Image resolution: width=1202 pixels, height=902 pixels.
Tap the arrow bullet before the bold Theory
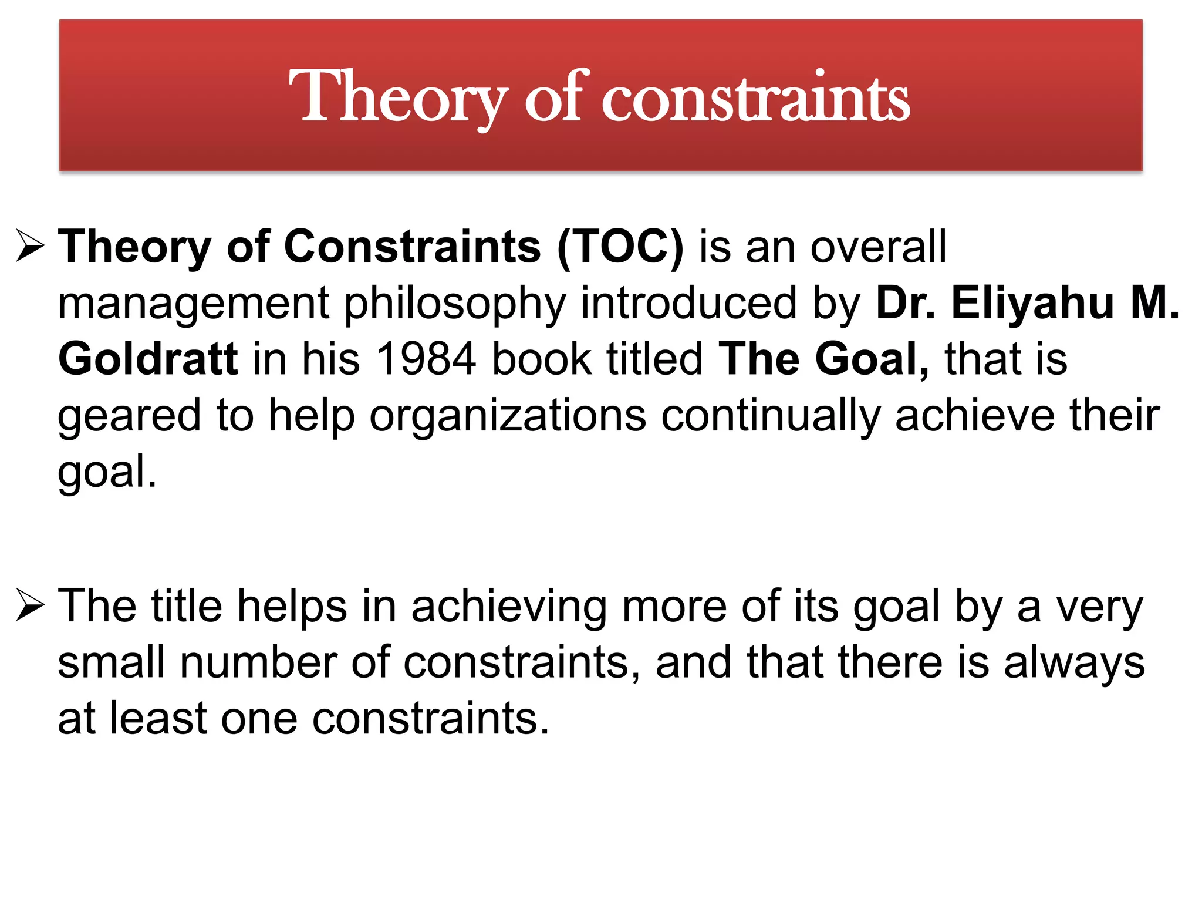pyautogui.click(x=31, y=246)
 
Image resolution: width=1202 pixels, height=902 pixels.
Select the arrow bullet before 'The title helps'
pyautogui.click(x=31, y=605)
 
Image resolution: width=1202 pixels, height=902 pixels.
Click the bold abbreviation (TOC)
pyautogui.click(x=620, y=247)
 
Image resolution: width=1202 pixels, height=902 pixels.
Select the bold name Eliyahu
pyautogui.click(x=1032, y=302)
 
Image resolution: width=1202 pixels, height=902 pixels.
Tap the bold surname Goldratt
pyautogui.click(x=148, y=359)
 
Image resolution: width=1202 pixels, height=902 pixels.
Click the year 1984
pyautogui.click(x=426, y=359)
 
